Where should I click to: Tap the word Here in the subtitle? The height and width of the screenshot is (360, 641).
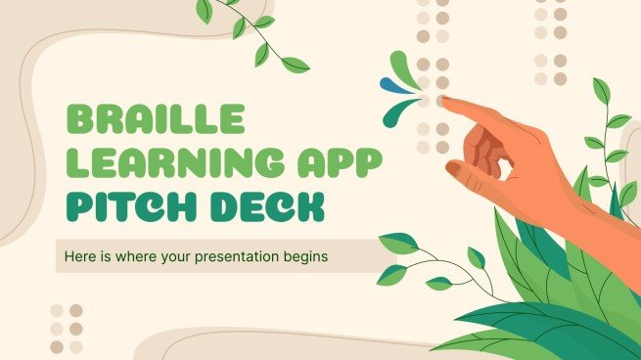pyautogui.click(x=84, y=255)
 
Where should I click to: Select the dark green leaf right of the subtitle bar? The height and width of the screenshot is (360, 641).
pyautogui.click(x=396, y=241)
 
